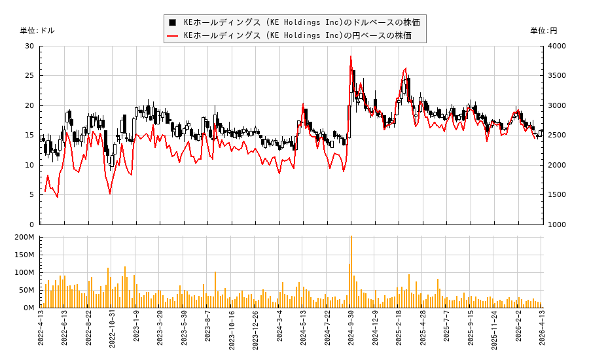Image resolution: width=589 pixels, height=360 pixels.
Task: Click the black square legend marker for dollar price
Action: (173, 22)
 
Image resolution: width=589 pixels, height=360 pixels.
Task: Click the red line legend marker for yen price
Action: (173, 35)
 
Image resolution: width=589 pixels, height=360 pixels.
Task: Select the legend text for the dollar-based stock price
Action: (302, 22)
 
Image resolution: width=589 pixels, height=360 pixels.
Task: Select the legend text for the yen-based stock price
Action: (298, 35)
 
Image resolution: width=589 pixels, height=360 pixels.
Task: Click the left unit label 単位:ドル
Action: (37, 31)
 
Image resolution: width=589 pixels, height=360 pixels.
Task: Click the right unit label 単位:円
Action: (544, 31)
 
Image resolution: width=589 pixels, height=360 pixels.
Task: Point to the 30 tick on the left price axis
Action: (29, 46)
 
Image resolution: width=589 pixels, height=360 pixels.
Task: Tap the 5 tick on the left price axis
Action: (32, 194)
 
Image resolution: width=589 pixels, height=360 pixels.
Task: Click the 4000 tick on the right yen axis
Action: (557, 46)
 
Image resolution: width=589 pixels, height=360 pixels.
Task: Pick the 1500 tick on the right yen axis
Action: (557, 194)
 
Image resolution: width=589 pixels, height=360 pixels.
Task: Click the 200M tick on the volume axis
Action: (25, 237)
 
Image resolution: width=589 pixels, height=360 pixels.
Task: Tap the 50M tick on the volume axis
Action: (27, 290)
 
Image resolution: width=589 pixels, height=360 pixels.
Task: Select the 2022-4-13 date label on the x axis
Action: (41, 331)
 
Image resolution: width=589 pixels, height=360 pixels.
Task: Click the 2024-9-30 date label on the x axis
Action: (351, 331)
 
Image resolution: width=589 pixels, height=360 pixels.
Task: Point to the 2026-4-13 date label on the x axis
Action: (543, 331)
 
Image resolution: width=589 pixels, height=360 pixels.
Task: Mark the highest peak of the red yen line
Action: (351, 56)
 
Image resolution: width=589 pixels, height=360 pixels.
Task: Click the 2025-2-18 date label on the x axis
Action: (399, 331)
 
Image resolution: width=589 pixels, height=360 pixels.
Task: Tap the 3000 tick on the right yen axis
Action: (557, 105)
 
